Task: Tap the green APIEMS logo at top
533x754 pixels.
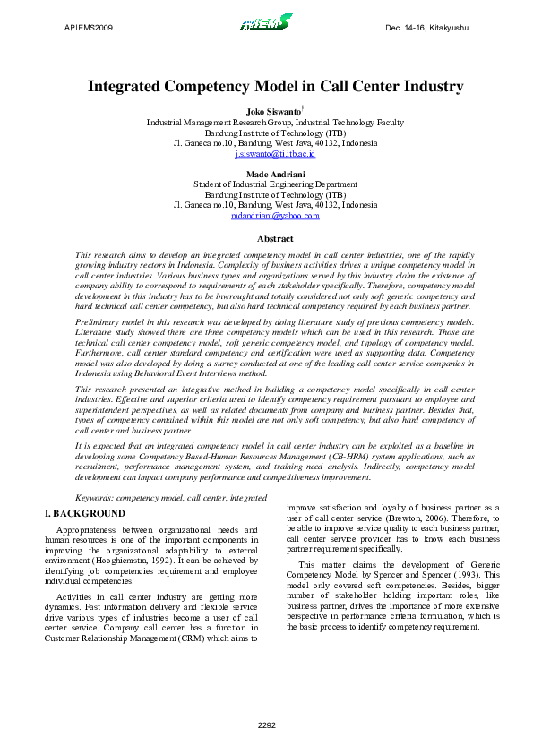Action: [x=265, y=21]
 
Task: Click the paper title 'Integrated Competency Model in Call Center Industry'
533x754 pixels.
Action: [x=275, y=87]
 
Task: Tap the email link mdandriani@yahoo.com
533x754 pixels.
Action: [x=275, y=216]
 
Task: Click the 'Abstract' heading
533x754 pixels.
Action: [x=275, y=238]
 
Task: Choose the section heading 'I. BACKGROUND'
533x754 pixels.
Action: [x=85, y=513]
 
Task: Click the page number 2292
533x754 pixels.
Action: [x=266, y=724]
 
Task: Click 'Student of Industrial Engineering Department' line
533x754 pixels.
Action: [x=275, y=184]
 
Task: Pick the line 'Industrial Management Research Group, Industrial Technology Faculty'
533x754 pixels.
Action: [x=275, y=121]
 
